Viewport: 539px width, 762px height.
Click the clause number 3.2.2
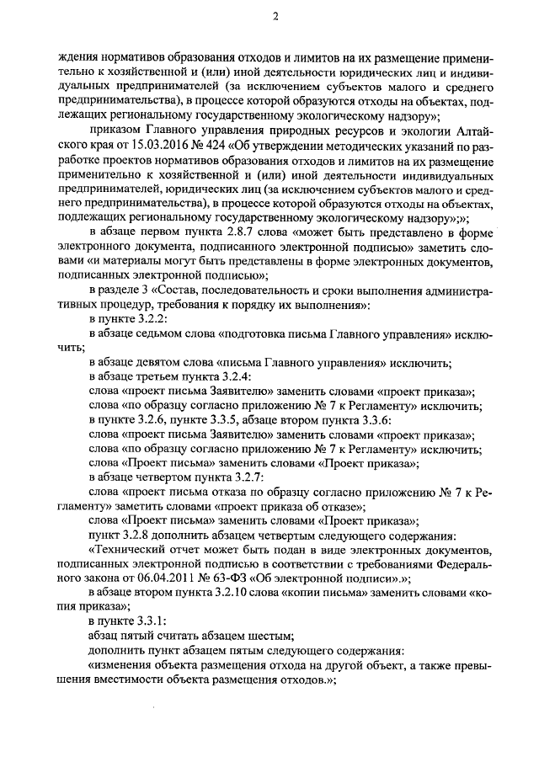[x=132, y=319]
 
